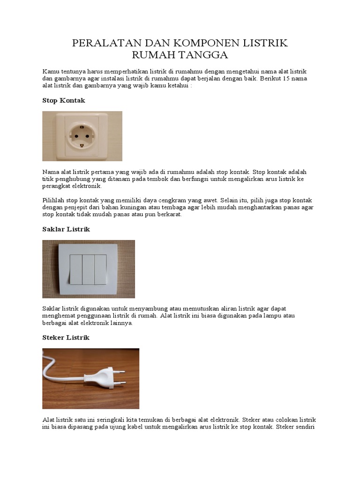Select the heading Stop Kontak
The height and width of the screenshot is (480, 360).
[x=64, y=101]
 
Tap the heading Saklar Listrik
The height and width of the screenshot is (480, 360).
[x=66, y=229]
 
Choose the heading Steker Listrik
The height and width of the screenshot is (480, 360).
[x=66, y=337]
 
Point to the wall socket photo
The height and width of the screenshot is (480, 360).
[x=82, y=136]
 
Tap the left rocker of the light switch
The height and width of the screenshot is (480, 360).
[x=76, y=270]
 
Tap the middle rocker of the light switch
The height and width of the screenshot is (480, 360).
[x=88, y=270]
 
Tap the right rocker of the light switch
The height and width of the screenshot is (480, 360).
[x=100, y=270]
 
